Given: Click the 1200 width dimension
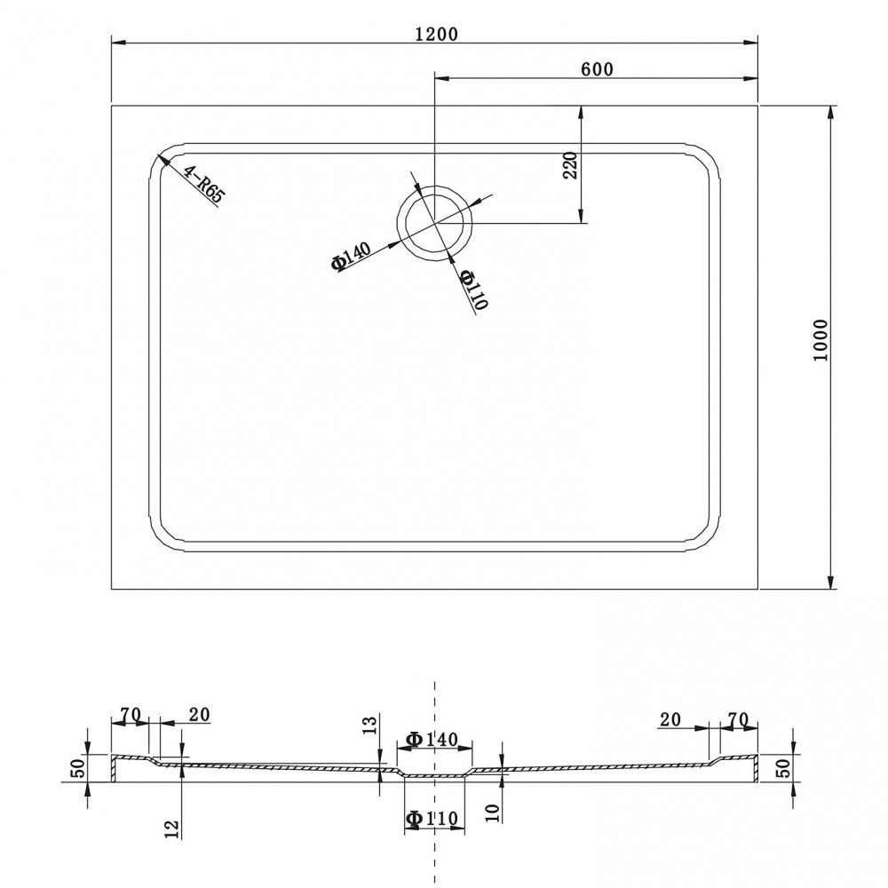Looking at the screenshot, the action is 436,34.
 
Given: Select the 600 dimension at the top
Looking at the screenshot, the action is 597,68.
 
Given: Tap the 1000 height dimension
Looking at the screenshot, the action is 820,341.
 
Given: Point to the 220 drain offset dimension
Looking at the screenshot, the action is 570,165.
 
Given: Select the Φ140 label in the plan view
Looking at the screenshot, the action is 352,256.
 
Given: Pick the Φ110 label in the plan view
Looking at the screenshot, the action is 473,289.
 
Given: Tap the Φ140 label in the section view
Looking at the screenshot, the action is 432,739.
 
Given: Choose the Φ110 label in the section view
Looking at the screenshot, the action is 432,818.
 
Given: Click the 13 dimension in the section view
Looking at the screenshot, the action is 369,725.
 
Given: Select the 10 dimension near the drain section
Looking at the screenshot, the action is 493,813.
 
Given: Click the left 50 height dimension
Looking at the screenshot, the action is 79,768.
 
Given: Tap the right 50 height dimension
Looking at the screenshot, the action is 783,768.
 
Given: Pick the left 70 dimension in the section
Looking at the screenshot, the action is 131,715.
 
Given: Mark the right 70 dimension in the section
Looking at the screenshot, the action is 738,719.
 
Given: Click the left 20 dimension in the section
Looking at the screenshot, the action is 199,715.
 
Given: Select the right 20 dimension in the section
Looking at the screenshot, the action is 670,719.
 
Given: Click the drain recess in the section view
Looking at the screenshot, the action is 434,775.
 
